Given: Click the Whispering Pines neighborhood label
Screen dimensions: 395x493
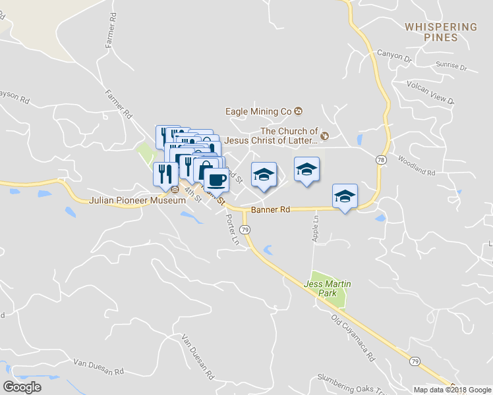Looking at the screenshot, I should [441, 32].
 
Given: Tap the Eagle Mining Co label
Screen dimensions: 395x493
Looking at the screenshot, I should [258, 111].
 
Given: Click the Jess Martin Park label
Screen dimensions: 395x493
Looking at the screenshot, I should [327, 288].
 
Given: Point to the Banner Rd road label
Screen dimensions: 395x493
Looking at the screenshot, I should [270, 210].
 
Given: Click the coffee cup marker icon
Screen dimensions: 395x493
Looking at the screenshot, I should [216, 178].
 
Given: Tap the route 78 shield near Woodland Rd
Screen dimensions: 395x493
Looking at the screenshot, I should [381, 160].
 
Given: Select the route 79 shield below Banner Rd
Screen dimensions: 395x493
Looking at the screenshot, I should [245, 229].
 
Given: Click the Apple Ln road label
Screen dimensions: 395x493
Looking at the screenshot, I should [316, 227].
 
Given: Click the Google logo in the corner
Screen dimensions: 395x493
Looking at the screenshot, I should [22, 386].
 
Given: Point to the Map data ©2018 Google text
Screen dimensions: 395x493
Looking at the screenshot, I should [451, 390].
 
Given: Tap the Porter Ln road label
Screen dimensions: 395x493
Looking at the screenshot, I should [231, 228].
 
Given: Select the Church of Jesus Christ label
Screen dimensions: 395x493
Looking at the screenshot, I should [271, 136].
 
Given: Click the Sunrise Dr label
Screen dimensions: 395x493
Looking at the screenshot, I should [451, 67].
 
